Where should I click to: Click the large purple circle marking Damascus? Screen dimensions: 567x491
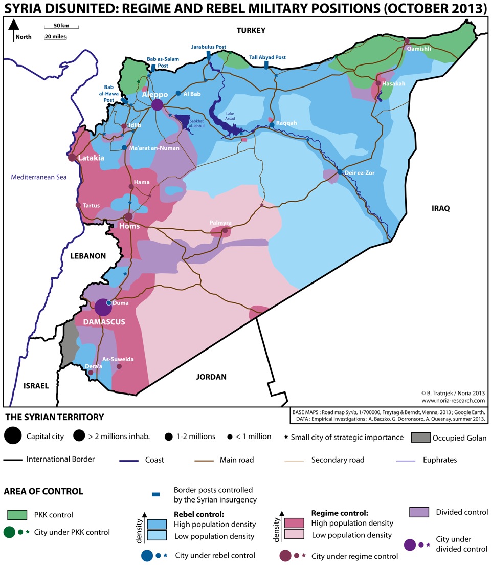[x=103, y=308]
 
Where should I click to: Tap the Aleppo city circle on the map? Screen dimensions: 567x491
[x=158, y=105]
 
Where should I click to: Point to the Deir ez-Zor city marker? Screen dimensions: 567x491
[x=340, y=172]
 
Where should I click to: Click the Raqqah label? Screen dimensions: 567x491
[x=286, y=123]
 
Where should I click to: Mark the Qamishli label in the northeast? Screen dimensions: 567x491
[x=419, y=49]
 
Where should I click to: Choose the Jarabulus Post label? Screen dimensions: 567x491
[x=209, y=47]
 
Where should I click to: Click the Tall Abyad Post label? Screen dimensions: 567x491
[x=267, y=58]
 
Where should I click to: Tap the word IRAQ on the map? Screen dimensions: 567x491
[x=440, y=208]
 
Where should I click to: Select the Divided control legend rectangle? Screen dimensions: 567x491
[x=419, y=512]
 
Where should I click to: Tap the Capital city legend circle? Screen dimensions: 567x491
[x=13, y=436]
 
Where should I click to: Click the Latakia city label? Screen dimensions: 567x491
[x=92, y=158]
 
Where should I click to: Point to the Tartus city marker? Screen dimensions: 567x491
[x=78, y=205]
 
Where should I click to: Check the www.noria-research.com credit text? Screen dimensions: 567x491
[x=453, y=401]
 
